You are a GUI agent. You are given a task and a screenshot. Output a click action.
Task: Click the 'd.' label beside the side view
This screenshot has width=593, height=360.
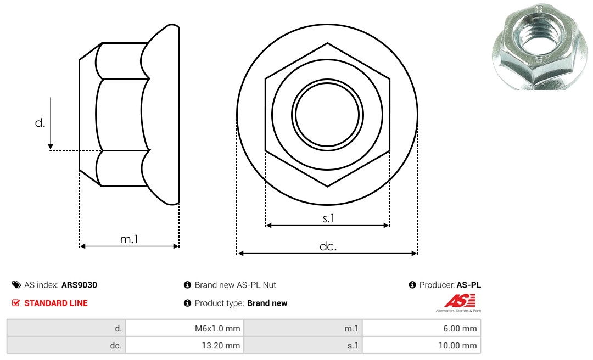pyautogui.click(x=40, y=122)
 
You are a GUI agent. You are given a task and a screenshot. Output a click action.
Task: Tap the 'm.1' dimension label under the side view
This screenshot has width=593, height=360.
pyautogui.click(x=129, y=239)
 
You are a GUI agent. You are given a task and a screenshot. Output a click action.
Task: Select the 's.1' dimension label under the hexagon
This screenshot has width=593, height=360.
pyautogui.click(x=328, y=218)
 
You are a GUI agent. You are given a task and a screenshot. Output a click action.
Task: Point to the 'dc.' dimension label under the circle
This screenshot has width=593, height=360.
pyautogui.click(x=328, y=246)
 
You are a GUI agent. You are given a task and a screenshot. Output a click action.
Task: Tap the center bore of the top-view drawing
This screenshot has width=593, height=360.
pyautogui.click(x=327, y=115)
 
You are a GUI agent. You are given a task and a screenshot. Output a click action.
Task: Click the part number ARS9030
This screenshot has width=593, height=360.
pyautogui.click(x=80, y=285)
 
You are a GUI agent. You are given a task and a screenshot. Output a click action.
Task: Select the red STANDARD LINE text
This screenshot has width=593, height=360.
pyautogui.click(x=56, y=303)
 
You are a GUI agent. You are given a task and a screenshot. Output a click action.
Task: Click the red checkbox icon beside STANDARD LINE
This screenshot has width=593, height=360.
pyautogui.click(x=16, y=302)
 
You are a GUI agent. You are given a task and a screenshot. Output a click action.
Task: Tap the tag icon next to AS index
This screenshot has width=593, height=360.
pyautogui.click(x=16, y=285)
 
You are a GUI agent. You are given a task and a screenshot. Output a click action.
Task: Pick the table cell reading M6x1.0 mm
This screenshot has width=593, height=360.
pyautogui.click(x=184, y=328)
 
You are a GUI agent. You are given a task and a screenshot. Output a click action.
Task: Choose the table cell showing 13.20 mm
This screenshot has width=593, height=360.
pyautogui.click(x=184, y=345)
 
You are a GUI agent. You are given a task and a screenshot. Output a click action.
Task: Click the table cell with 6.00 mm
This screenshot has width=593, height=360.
pyautogui.click(x=421, y=328)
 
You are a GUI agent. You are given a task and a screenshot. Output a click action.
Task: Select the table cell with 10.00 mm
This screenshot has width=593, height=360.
pyautogui.click(x=421, y=345)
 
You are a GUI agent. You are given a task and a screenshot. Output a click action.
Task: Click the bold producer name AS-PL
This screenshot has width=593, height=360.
pyautogui.click(x=468, y=285)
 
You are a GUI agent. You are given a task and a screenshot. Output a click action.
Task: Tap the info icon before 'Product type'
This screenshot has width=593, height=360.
pyautogui.click(x=187, y=303)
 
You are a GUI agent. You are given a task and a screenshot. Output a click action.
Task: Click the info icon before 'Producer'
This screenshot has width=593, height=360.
pyautogui.click(x=412, y=285)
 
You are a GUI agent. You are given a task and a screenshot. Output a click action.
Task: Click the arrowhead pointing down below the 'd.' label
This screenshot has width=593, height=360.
pyautogui.click(x=51, y=147)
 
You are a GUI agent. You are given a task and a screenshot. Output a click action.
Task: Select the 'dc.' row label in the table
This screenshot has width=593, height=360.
pyautogui.click(x=116, y=346)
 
